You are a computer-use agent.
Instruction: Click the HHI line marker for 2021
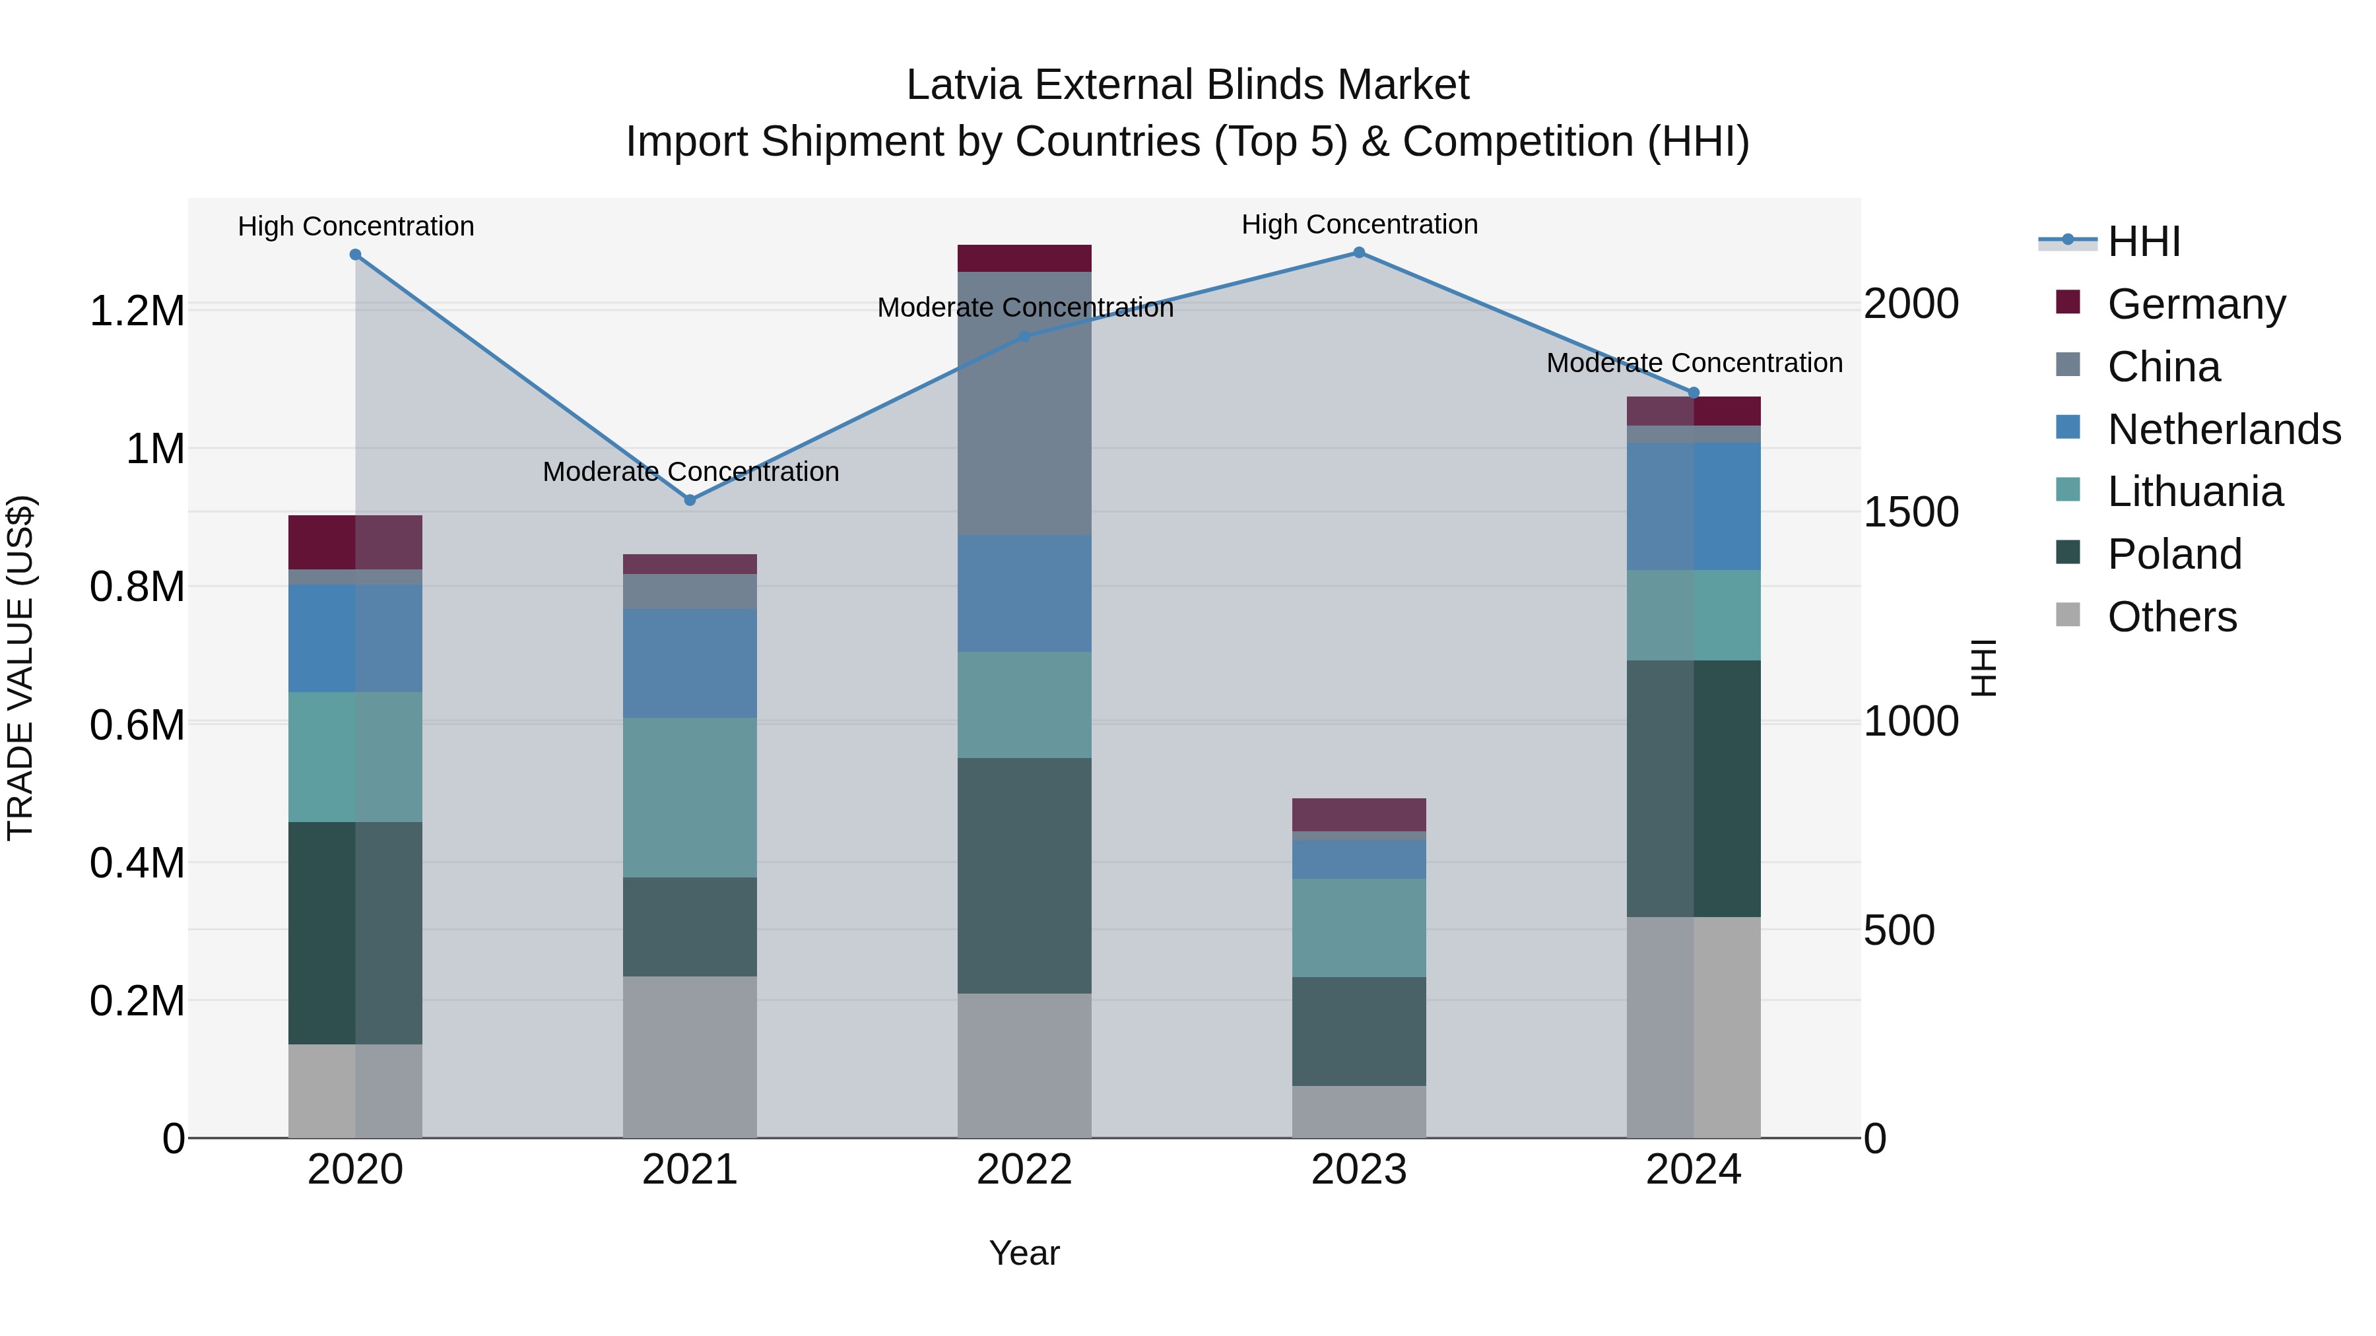[690, 499]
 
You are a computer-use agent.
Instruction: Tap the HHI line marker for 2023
[1359, 253]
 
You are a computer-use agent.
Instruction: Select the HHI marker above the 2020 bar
[355, 255]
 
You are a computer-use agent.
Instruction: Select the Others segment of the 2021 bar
[690, 1057]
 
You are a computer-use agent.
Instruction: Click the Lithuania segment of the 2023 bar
[1359, 928]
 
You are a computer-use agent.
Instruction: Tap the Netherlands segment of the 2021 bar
[690, 663]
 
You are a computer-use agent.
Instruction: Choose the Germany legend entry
[2195, 304]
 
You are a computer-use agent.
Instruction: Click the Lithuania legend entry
[2194, 492]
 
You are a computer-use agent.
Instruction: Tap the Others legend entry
[2171, 617]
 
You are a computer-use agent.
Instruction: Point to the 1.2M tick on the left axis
[137, 311]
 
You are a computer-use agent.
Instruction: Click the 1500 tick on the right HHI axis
[1910, 513]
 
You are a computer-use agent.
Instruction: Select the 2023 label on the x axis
[1359, 1170]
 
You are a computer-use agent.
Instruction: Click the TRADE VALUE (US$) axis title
[20, 668]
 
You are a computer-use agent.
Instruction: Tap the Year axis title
[1024, 1253]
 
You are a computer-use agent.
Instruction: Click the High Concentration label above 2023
[1359, 224]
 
